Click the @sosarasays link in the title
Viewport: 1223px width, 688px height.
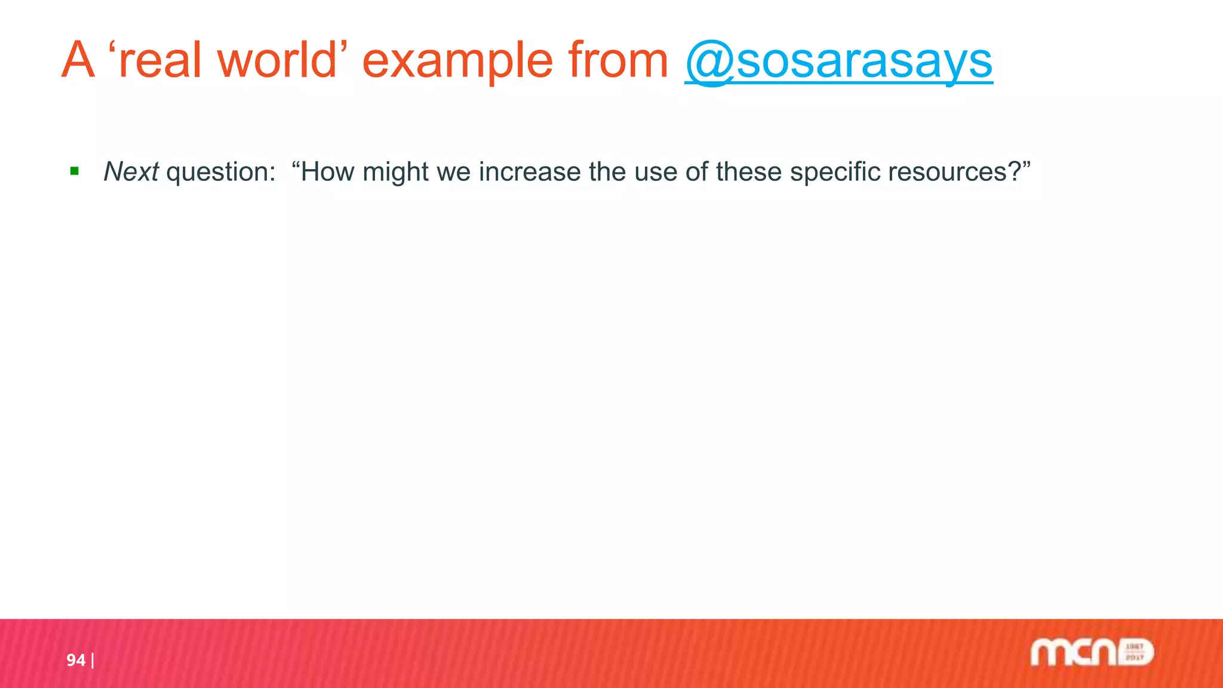point(838,61)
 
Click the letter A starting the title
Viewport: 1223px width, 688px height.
point(78,61)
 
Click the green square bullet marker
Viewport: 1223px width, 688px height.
point(75,172)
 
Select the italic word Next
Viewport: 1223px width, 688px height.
point(131,172)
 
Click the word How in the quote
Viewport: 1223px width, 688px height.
point(327,172)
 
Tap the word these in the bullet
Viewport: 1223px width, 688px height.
point(749,172)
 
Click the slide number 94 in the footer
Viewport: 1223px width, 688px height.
point(76,660)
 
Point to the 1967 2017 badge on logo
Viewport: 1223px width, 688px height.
point(1135,652)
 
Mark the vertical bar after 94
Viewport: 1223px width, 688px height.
point(93,661)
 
